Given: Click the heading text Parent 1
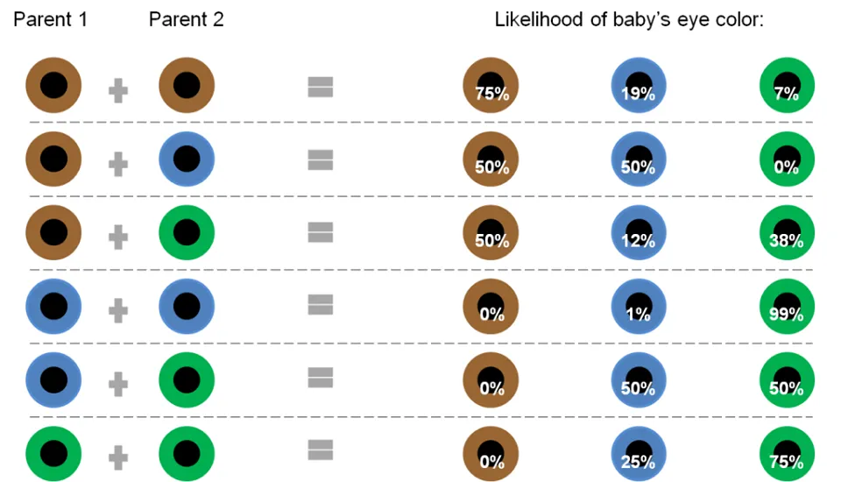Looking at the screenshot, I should (x=50, y=19).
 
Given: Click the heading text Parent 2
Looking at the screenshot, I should (x=186, y=19).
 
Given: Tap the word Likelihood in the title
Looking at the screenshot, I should (x=537, y=19).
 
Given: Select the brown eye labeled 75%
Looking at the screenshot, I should (x=491, y=86).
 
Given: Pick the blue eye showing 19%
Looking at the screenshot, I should (x=639, y=86).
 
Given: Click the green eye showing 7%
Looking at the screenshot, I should (x=788, y=86).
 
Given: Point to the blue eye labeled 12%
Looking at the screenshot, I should (x=639, y=233).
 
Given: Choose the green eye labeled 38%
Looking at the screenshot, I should (x=788, y=233).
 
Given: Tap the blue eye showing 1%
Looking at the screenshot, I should (x=639, y=306).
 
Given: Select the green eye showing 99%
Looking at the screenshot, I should (x=788, y=306).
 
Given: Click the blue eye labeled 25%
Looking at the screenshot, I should (x=639, y=453).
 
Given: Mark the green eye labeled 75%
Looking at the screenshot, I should (x=788, y=453).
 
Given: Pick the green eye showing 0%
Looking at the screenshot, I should (x=788, y=159).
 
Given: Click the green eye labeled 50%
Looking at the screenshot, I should (x=788, y=379).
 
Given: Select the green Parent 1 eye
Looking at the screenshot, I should (x=53, y=453).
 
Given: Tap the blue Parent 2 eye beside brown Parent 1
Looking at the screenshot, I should (x=187, y=159).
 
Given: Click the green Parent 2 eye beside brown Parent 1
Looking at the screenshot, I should (x=187, y=233).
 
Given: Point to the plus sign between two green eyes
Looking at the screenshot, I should (x=118, y=456).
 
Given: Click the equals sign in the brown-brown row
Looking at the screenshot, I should (x=321, y=86).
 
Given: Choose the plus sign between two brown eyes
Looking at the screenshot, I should (x=118, y=89).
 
